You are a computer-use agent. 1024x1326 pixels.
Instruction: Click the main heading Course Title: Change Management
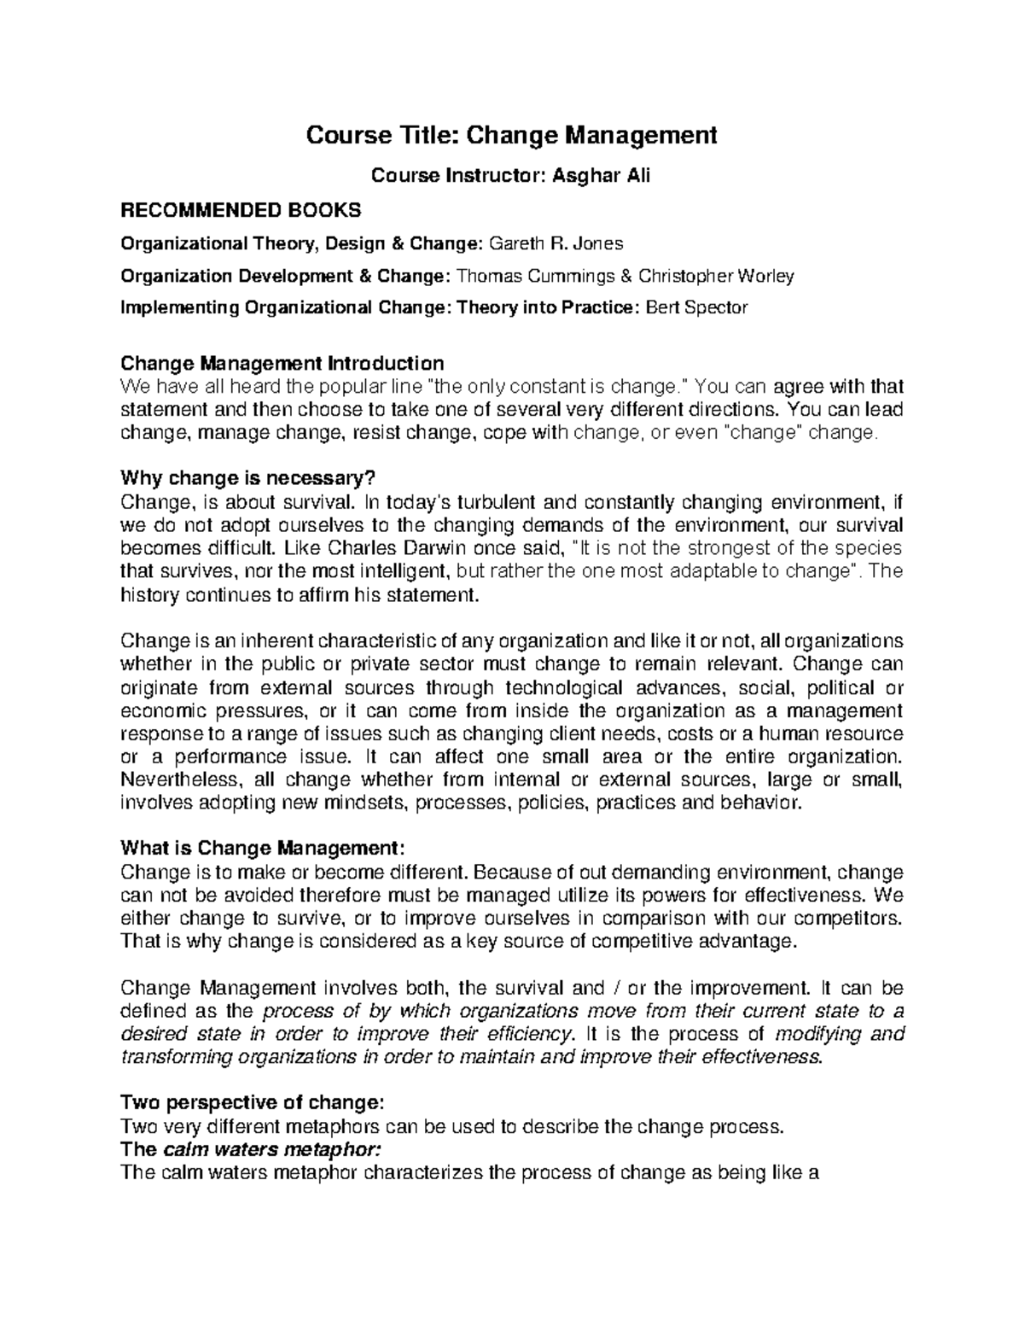(511, 135)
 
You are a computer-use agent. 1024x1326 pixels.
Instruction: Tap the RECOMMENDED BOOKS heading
(241, 210)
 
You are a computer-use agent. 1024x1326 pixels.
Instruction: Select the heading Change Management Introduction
(282, 363)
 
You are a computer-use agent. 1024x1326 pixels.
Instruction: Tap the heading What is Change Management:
(259, 848)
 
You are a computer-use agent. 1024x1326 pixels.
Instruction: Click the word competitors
(843, 918)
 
